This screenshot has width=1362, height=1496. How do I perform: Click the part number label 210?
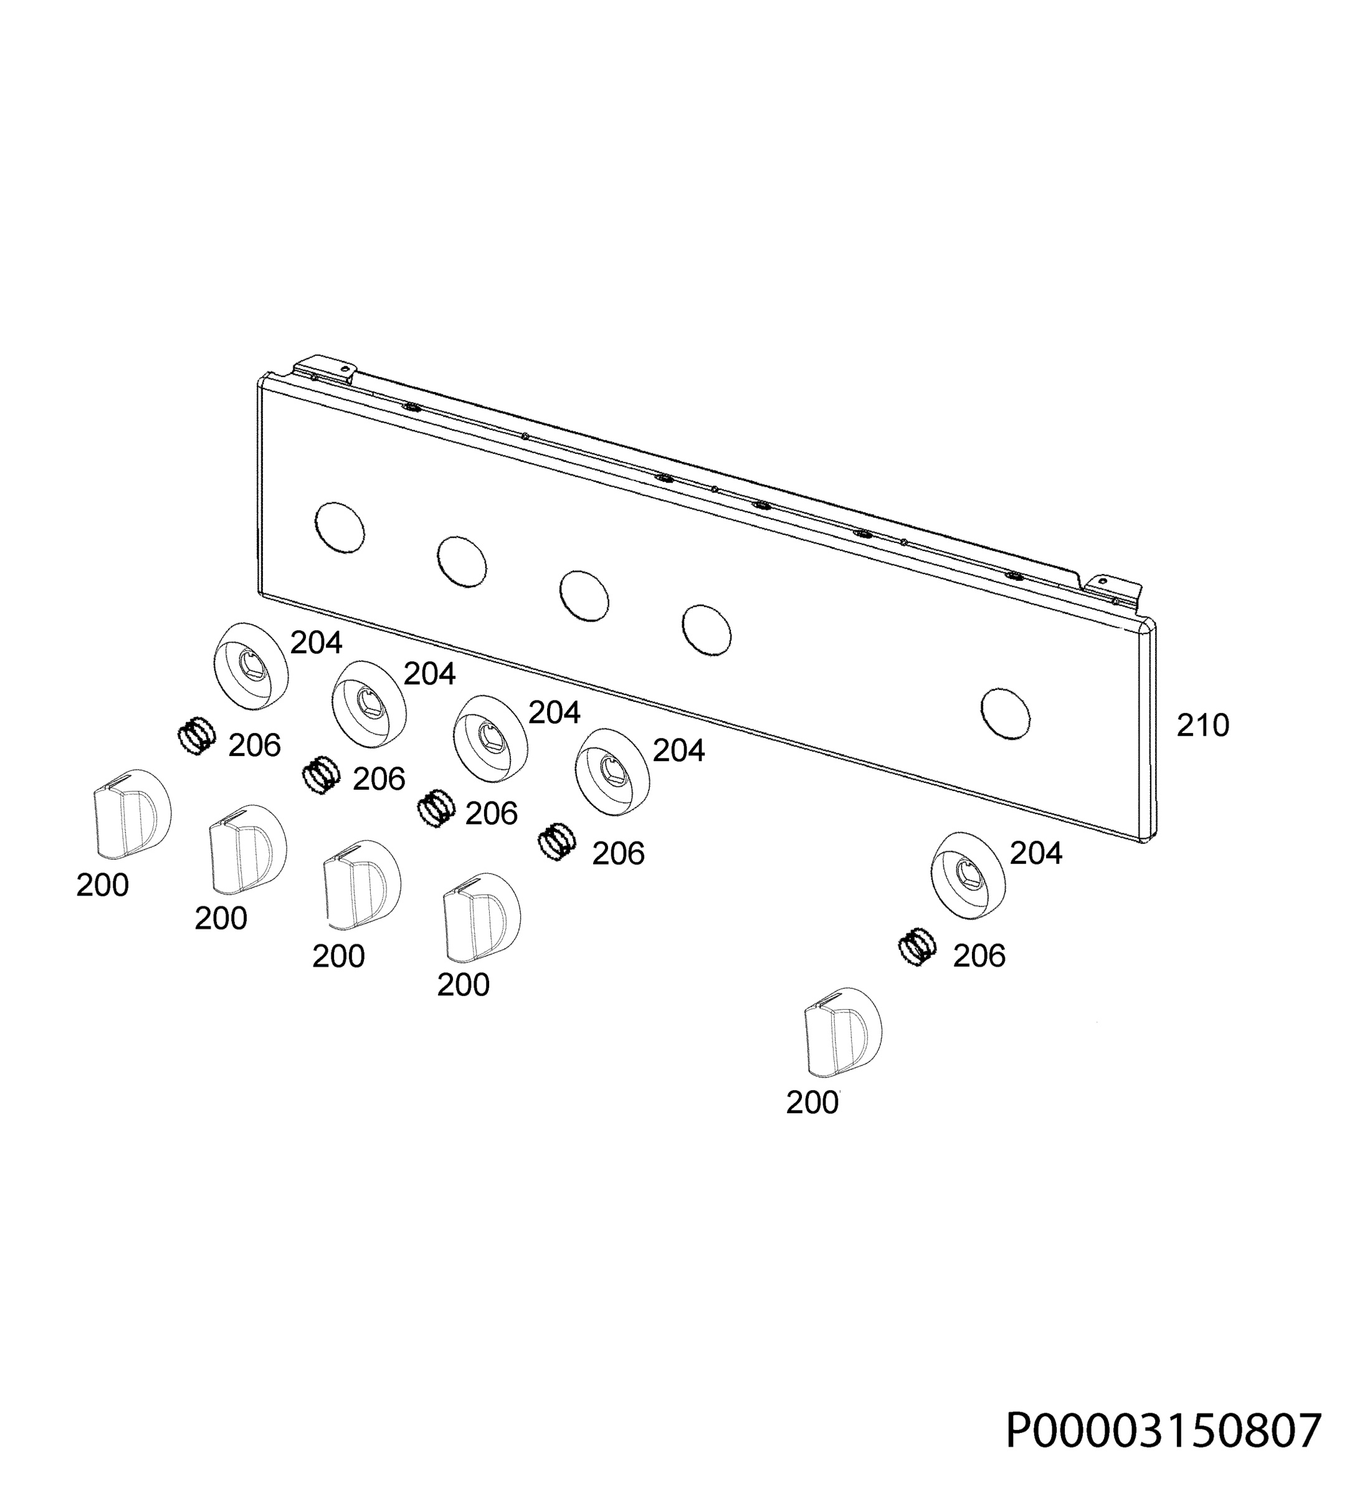1202,726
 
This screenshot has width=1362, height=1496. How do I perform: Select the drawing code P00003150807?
1164,1431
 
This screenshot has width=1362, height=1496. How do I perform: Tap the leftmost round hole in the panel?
340,527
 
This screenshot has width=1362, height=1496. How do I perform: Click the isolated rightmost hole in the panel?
1005,712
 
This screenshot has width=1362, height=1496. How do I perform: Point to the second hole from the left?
462,561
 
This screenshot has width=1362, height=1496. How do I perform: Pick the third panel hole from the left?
584,595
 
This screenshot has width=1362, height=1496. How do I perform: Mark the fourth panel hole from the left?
706,630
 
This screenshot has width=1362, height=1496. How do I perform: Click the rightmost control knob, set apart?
844,1031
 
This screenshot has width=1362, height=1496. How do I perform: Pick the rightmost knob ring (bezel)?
969,876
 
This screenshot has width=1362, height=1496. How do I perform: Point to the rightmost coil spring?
917,947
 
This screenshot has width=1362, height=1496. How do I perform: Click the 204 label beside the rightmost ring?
1036,854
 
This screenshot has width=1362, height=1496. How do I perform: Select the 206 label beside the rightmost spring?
979,957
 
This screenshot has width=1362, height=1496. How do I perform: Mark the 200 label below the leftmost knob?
102,885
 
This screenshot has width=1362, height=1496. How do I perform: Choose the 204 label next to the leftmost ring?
316,643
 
